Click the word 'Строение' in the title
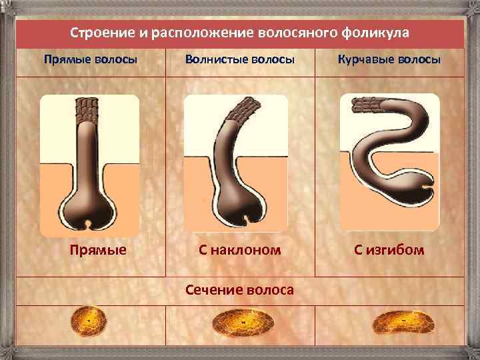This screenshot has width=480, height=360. coord(99,33)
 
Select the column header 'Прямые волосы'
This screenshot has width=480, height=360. coord(91,60)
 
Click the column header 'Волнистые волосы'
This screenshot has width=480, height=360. coord(240,60)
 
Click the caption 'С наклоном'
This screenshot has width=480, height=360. coord(240,251)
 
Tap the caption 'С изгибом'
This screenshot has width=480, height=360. coord(389,251)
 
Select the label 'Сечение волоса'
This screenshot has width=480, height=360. coord(240,290)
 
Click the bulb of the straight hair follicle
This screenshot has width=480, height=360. coord(87,211)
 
